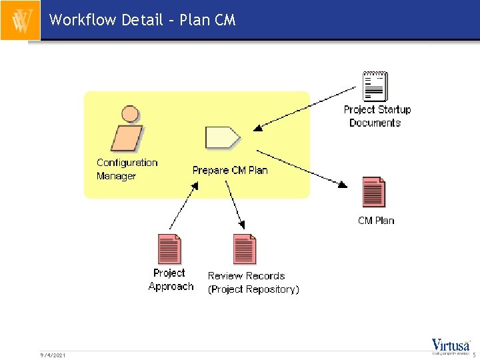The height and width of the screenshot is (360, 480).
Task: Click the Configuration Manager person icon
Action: (x=127, y=130)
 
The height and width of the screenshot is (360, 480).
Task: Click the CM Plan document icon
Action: (x=374, y=193)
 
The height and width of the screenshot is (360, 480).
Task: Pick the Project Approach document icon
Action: (x=169, y=250)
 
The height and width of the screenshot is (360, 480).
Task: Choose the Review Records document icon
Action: (x=245, y=250)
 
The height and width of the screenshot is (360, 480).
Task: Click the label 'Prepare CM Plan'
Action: (x=230, y=170)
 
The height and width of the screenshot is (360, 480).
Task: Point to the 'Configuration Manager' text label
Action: (x=127, y=169)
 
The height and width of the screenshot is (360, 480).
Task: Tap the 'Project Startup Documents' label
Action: (x=377, y=116)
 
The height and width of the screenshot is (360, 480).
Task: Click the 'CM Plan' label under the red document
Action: (x=376, y=221)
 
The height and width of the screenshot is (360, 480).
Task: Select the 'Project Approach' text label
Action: (x=171, y=280)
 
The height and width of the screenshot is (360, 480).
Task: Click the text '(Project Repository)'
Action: (x=253, y=289)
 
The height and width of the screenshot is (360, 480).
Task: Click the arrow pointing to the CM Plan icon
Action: (x=303, y=167)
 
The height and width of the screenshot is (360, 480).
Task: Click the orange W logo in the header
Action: (x=21, y=21)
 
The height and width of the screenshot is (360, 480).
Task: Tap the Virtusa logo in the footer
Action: (x=451, y=347)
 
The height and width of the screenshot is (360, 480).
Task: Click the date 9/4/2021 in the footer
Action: (x=53, y=355)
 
